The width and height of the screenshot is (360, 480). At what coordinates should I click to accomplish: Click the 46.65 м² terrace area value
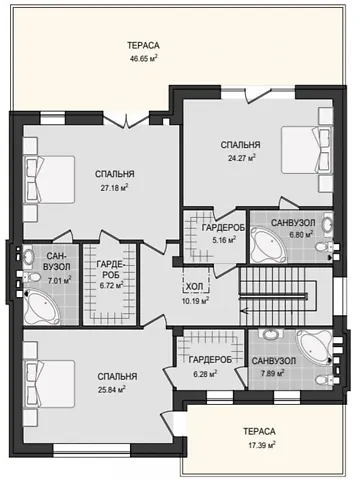(x=143, y=59)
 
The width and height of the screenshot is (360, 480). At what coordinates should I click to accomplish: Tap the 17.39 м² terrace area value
(x=262, y=445)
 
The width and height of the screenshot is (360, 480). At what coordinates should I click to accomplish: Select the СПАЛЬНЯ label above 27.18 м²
(x=115, y=174)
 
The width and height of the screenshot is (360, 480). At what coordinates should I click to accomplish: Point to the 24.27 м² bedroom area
(x=242, y=158)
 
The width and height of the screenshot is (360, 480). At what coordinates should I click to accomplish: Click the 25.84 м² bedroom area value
(x=112, y=389)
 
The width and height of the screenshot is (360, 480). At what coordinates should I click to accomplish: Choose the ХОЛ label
(x=194, y=287)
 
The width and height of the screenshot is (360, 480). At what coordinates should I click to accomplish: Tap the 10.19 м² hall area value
(x=195, y=301)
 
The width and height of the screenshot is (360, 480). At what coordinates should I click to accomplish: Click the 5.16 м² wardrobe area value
(x=224, y=239)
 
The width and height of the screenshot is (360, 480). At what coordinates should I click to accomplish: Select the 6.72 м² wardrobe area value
(x=112, y=286)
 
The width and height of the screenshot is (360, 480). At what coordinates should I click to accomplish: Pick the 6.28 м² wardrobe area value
(x=205, y=374)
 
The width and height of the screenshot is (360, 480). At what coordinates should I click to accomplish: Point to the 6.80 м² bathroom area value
(x=301, y=234)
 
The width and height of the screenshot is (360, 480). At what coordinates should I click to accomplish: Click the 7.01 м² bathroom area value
(x=59, y=281)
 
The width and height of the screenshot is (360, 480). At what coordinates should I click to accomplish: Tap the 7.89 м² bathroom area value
(x=272, y=373)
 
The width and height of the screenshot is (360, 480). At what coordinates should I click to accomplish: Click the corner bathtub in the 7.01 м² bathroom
(x=41, y=307)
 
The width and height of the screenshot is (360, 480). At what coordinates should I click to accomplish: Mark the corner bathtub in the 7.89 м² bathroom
(x=314, y=348)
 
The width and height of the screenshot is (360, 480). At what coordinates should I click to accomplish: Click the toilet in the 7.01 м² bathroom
(x=30, y=276)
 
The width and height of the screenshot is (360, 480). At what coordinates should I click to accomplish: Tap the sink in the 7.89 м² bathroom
(x=271, y=334)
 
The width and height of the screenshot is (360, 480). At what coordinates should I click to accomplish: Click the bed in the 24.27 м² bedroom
(x=307, y=150)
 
